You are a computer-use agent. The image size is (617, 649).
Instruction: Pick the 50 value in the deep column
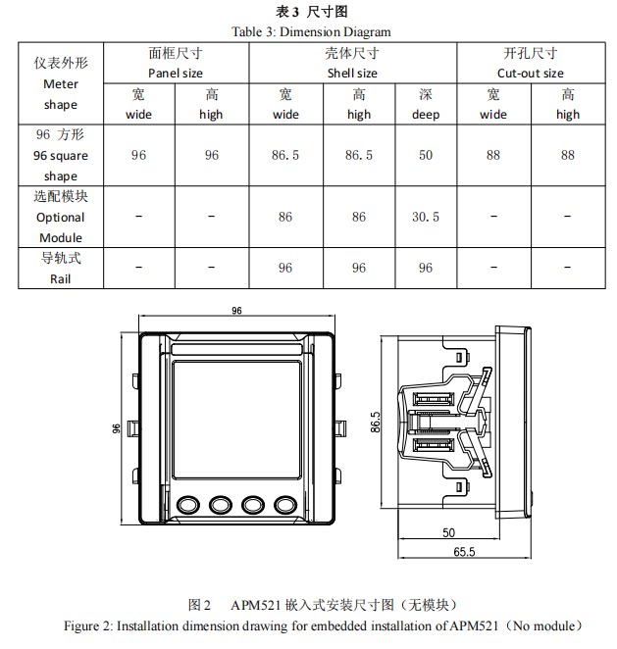coord(426,155)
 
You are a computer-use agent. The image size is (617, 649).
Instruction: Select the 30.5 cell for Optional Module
coord(426,217)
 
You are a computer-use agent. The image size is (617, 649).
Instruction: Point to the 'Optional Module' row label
coord(61,217)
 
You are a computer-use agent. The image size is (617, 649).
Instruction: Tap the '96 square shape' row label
coord(61,155)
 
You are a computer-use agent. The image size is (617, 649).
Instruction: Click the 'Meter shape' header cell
coord(61,84)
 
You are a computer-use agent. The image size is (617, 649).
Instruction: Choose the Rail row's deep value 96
coord(426,268)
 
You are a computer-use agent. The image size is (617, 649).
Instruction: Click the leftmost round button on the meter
coord(187,504)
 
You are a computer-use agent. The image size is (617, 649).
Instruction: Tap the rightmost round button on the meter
coord(285,504)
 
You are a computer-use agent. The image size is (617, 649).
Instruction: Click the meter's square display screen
coord(236,420)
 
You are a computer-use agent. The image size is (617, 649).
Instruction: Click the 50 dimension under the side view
coord(448,532)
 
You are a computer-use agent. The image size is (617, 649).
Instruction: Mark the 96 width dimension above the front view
coord(236,311)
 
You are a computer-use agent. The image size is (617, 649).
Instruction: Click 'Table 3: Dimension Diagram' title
coord(311,31)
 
